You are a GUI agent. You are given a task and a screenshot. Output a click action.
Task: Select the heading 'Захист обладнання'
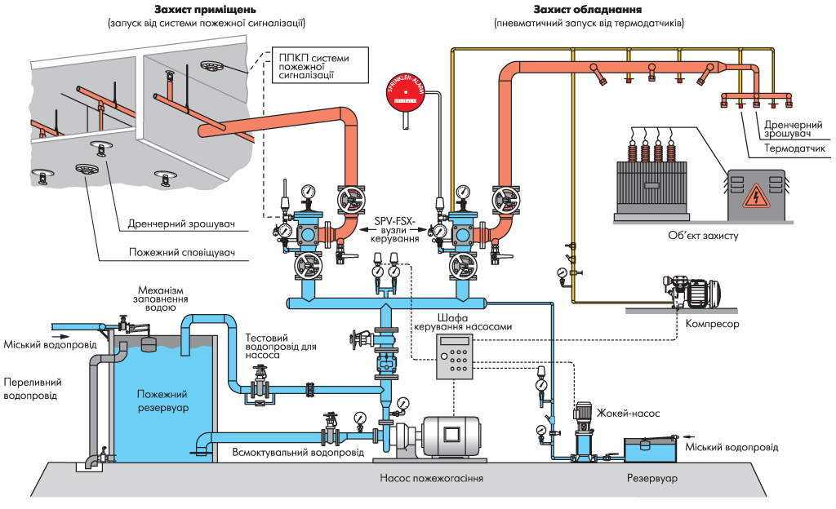[588, 10]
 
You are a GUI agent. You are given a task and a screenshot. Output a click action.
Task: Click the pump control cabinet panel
[456, 356]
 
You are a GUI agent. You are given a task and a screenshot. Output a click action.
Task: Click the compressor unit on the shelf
[694, 290]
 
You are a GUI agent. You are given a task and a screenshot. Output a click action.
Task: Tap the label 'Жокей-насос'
[629, 414]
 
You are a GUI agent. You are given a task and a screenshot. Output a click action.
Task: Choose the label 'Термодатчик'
[798, 148]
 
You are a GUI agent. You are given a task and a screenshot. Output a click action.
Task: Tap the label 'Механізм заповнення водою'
[157, 299]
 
